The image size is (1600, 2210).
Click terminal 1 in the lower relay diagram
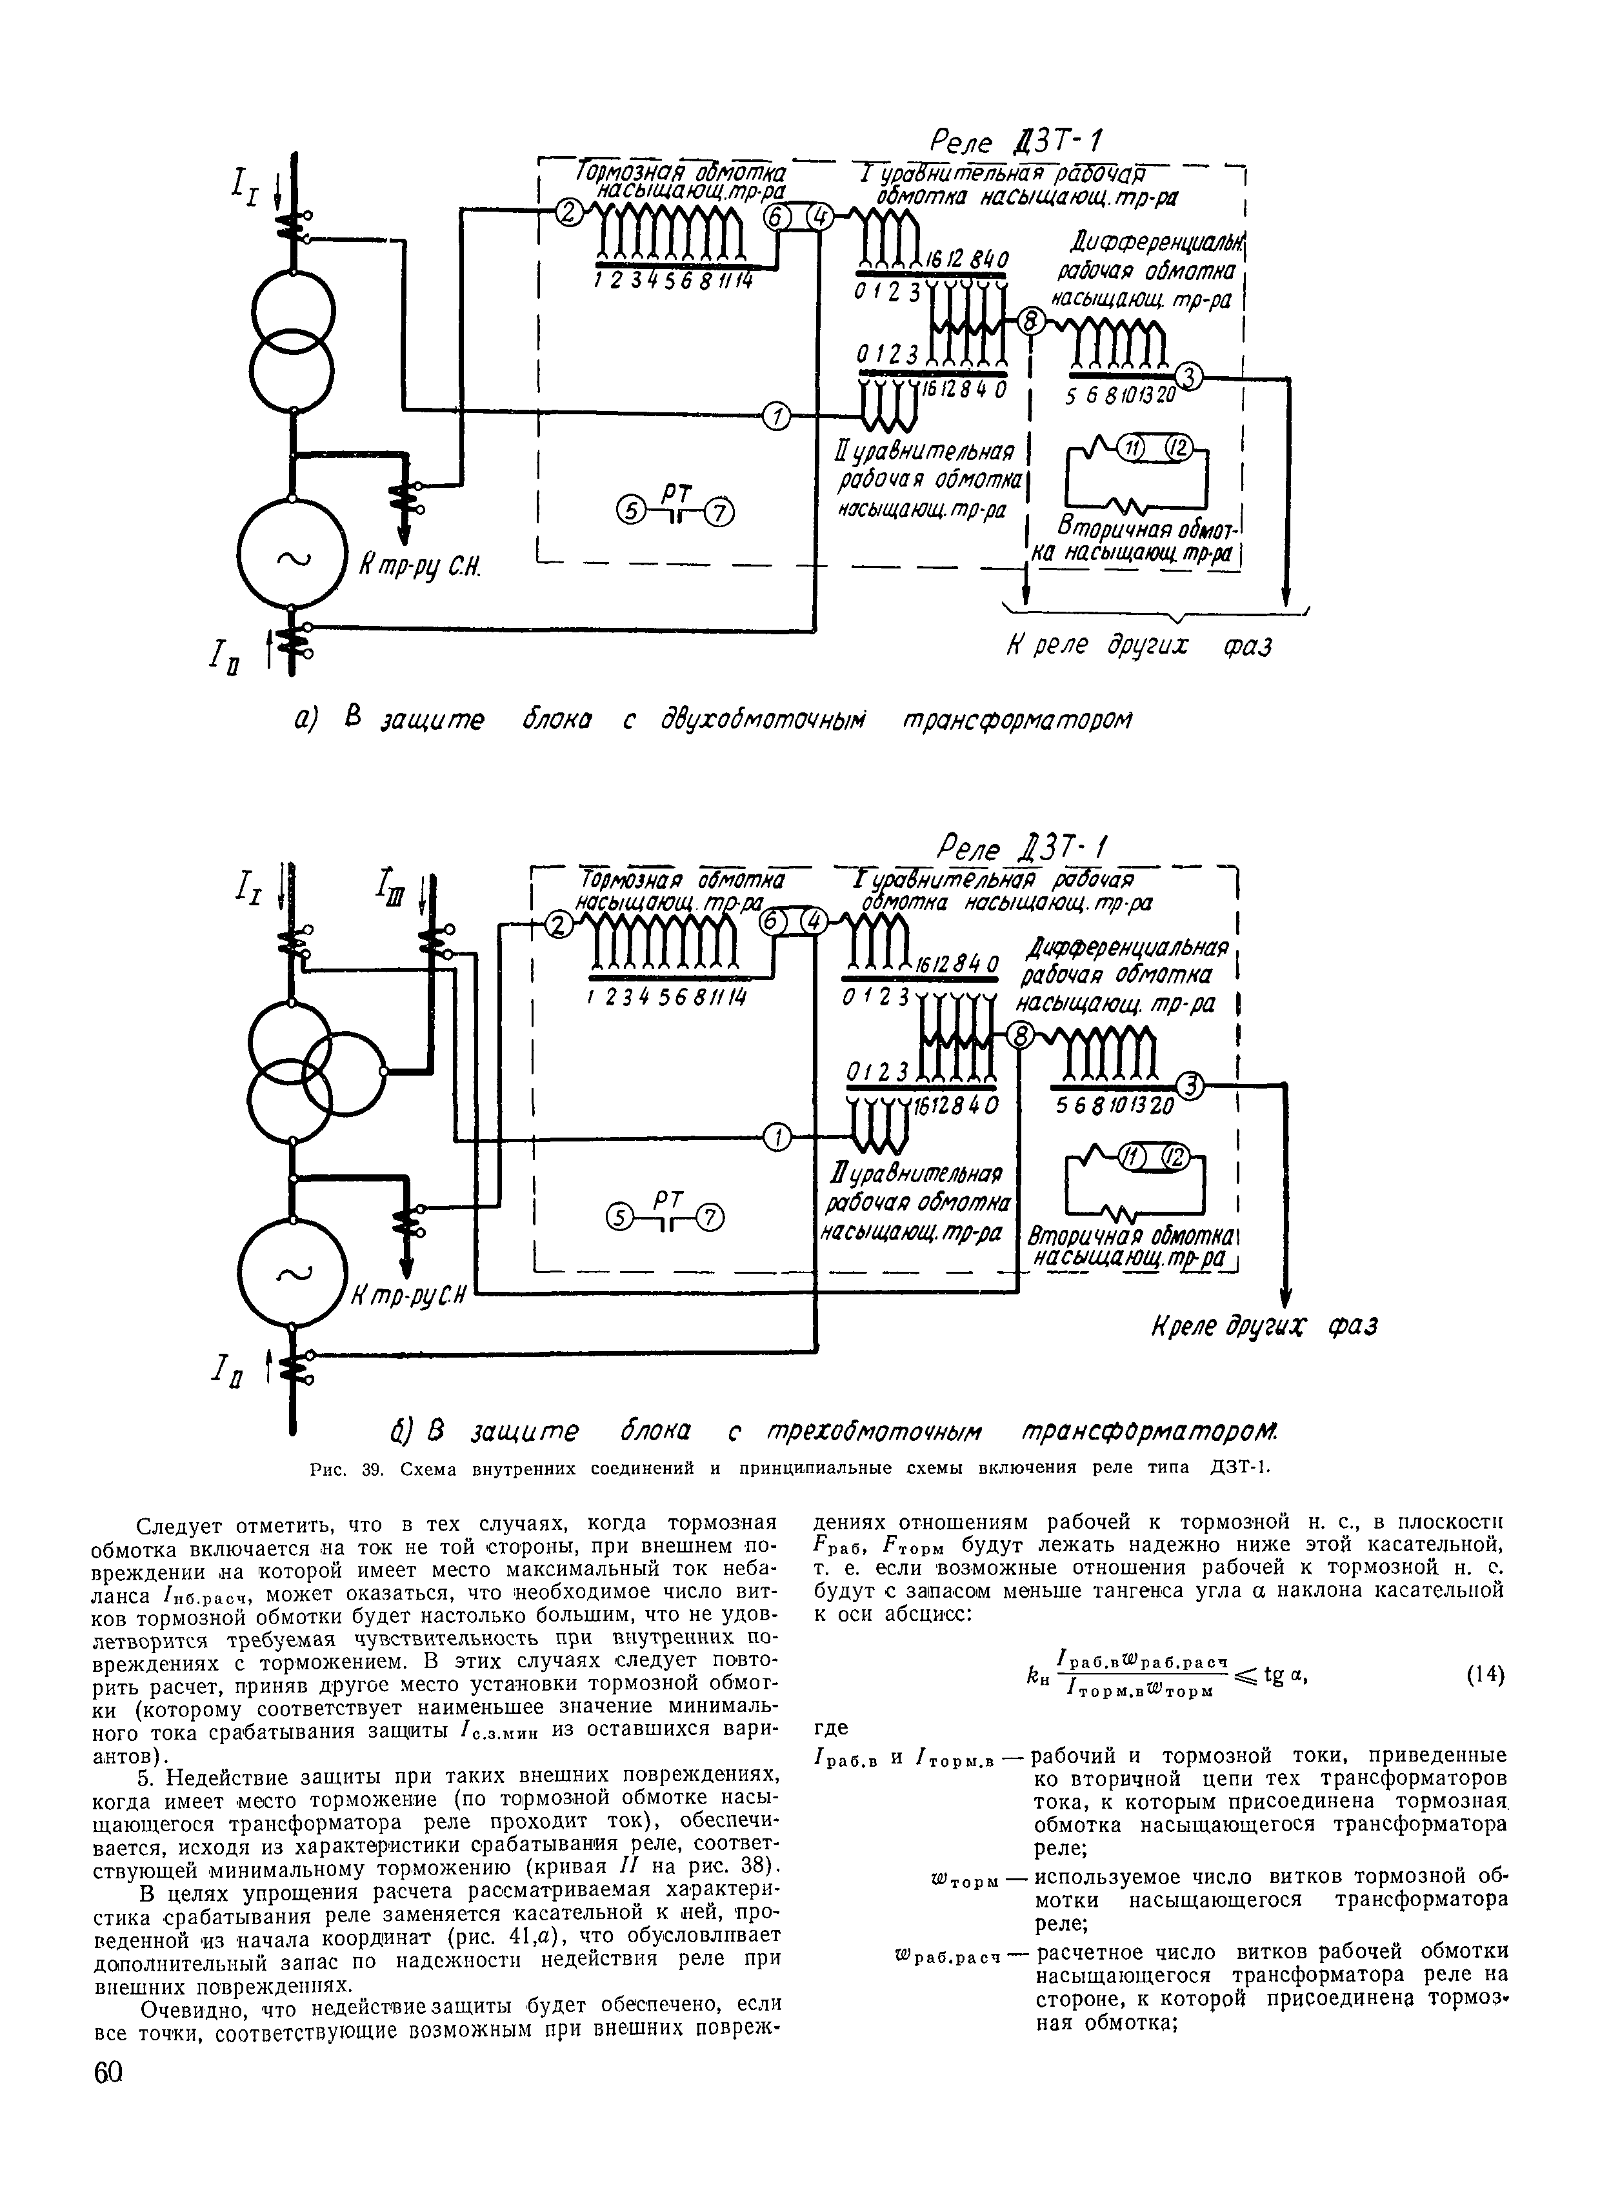[x=777, y=1135]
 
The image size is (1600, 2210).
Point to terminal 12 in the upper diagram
[x=1180, y=448]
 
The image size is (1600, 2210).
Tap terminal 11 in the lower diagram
[x=1132, y=1157]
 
